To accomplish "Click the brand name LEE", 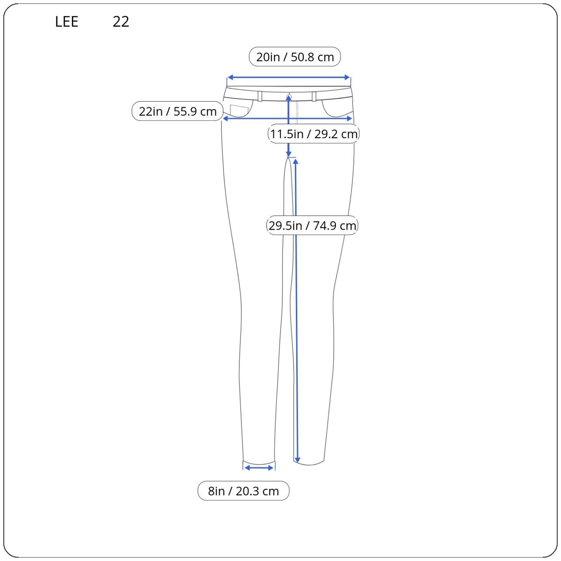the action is coord(66,21).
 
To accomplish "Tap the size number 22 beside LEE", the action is coord(120,21).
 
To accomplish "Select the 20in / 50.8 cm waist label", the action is coord(295,57).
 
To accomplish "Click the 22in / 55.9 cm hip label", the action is coord(177,111).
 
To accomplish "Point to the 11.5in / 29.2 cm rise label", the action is coord(314,134).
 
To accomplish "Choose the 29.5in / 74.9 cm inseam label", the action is coord(312,225).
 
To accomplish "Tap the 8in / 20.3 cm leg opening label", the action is coord(243,491).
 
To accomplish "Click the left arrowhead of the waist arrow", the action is coord(230,77).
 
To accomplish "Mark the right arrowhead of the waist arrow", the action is coord(347,77).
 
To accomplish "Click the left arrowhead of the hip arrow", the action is coord(226,118).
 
